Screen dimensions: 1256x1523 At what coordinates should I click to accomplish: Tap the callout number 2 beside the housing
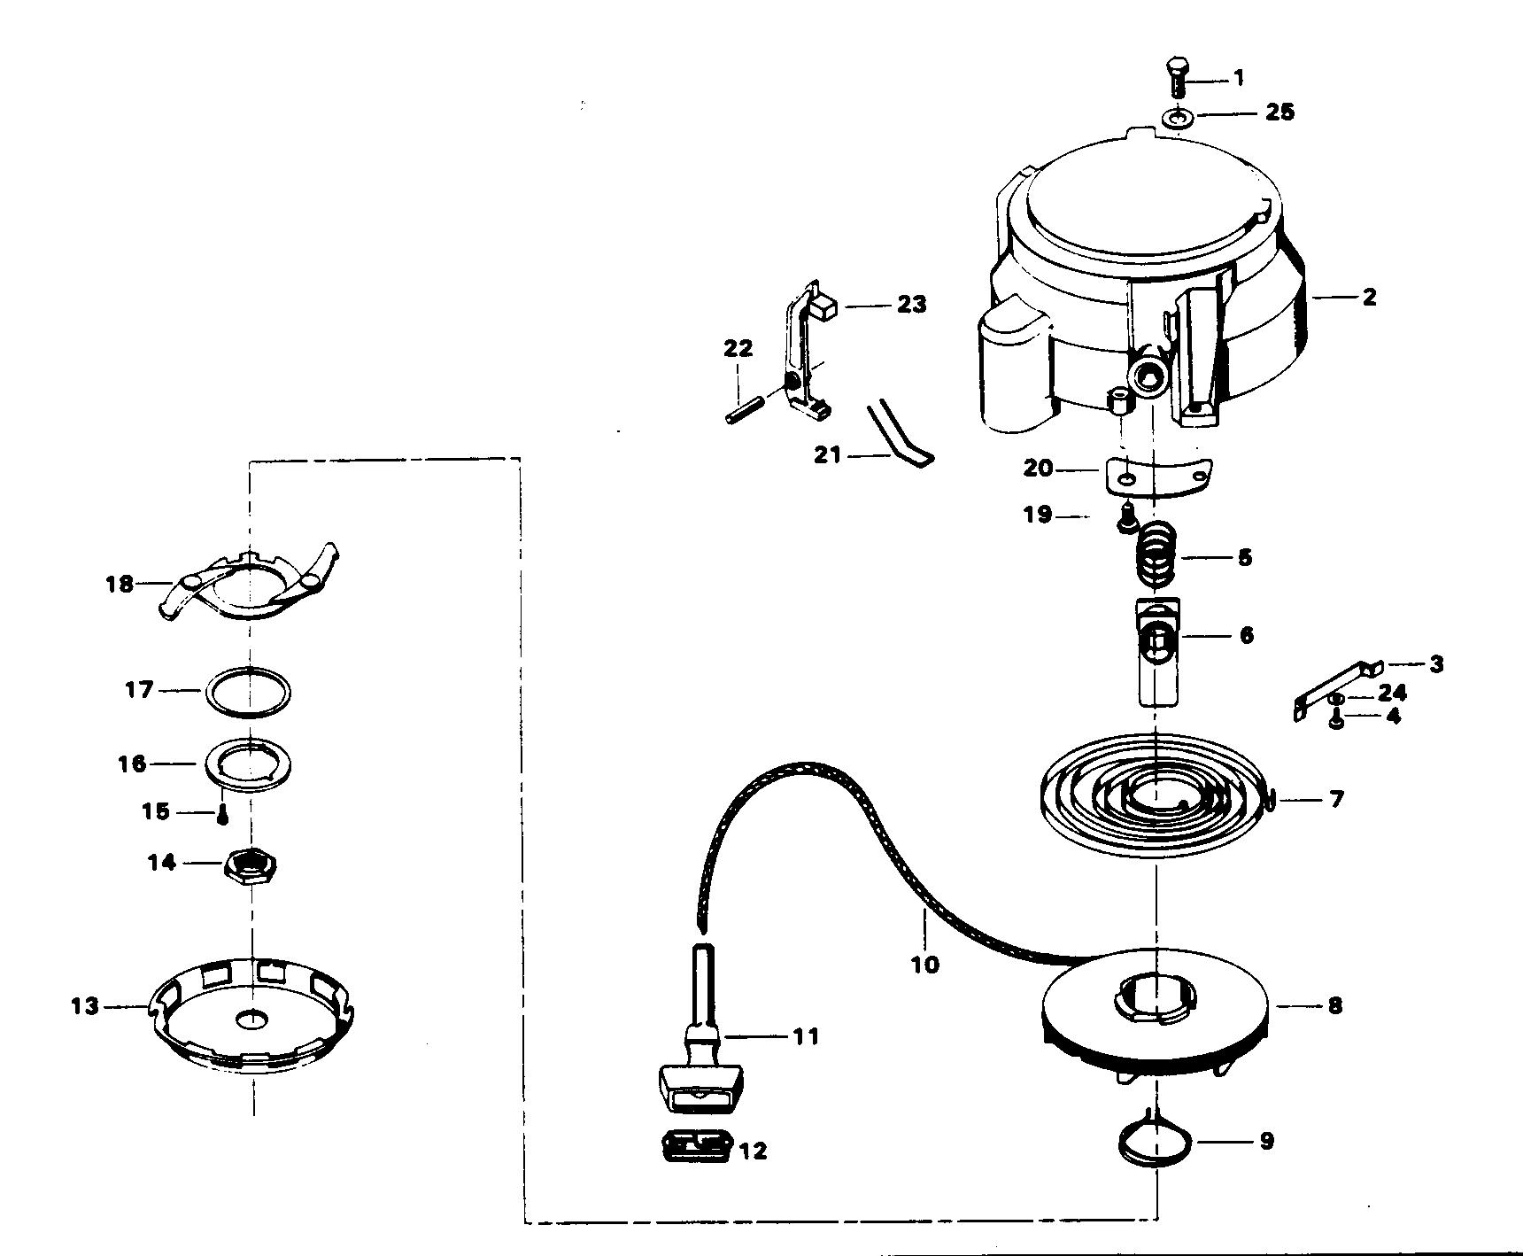(x=1369, y=297)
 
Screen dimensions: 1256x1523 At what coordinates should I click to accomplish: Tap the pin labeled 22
(x=747, y=413)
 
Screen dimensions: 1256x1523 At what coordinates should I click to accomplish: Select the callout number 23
(x=911, y=305)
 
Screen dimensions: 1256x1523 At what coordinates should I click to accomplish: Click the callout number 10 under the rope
(x=924, y=964)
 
